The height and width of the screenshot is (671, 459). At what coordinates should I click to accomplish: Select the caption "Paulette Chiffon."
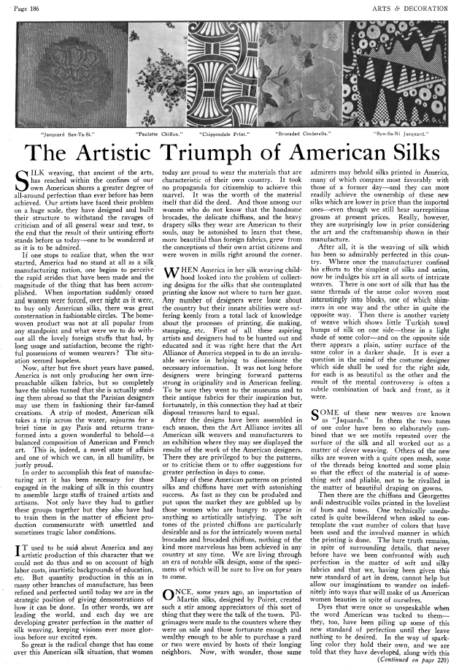(x=156, y=135)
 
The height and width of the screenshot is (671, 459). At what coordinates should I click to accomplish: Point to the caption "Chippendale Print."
(x=228, y=135)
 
